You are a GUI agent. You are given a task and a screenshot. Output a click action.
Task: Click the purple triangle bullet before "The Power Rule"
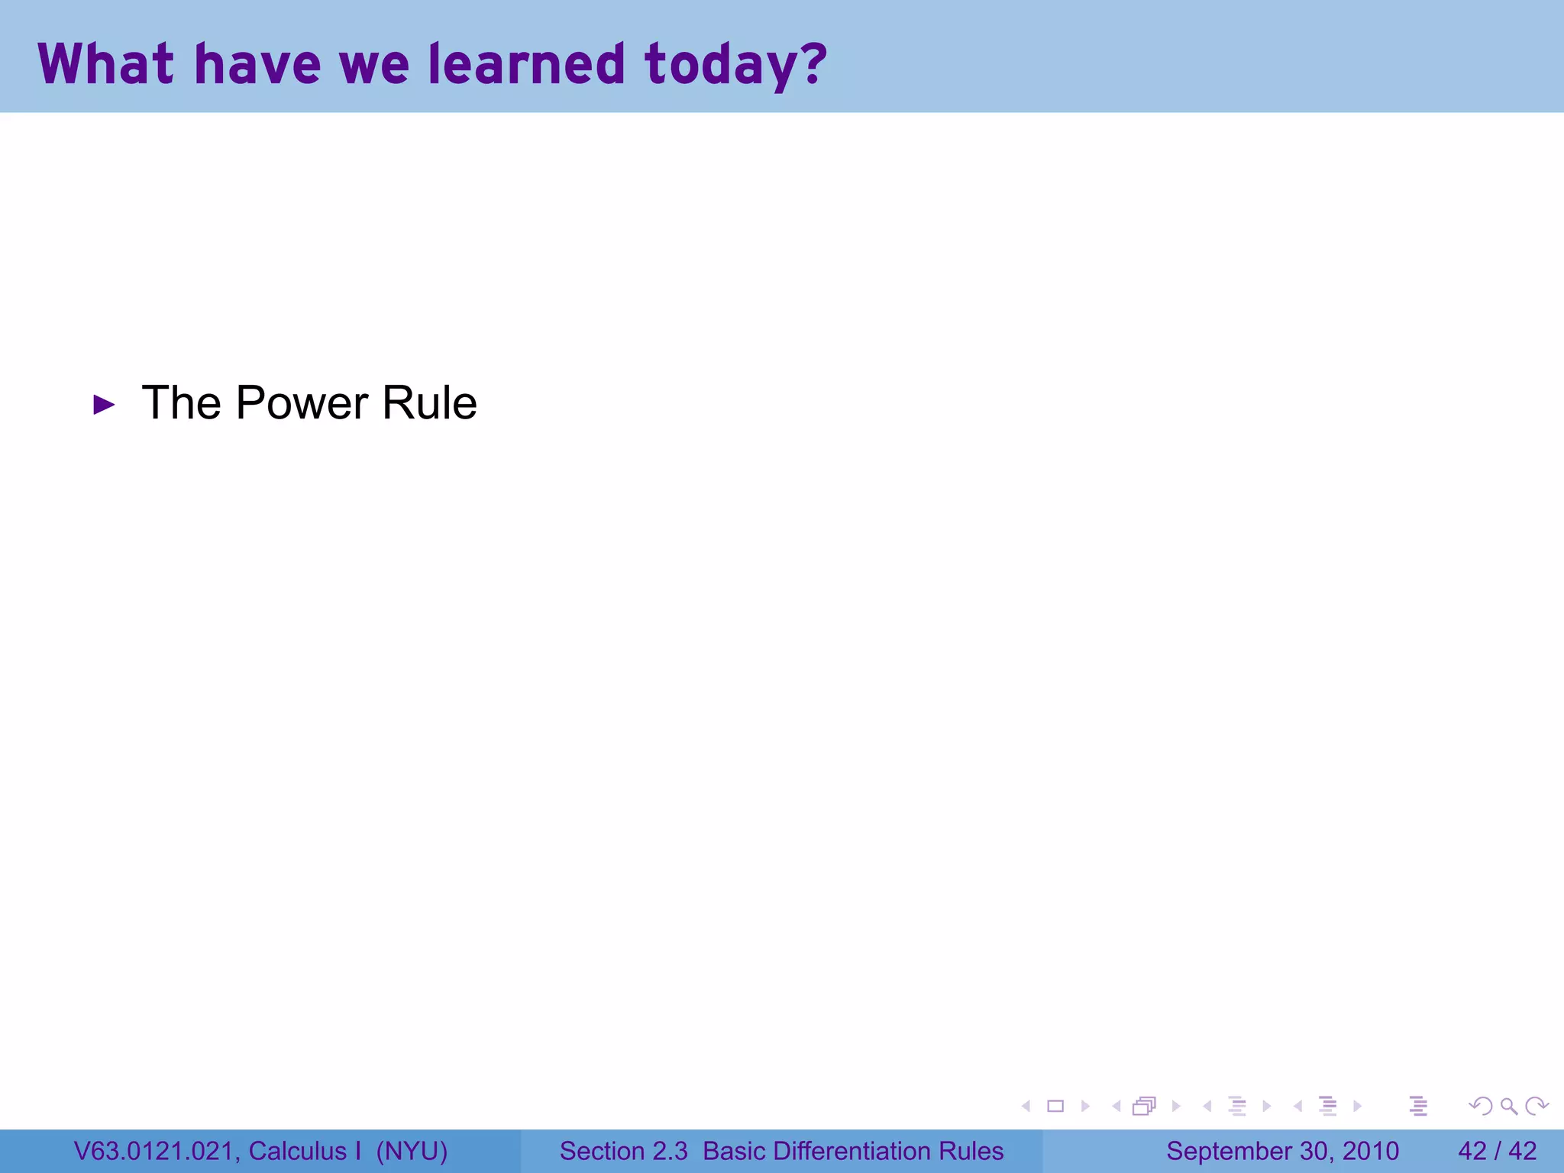(104, 405)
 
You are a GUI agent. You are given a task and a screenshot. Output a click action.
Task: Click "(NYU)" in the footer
(412, 1151)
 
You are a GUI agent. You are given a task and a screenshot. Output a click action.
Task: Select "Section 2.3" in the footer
(623, 1151)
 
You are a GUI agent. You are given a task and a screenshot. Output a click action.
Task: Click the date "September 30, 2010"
(1282, 1151)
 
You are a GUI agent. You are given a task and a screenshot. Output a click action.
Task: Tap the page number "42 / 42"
(1497, 1151)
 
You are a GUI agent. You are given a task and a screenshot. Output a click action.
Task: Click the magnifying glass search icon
(1508, 1106)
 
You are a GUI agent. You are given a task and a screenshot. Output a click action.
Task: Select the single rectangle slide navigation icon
(1055, 1106)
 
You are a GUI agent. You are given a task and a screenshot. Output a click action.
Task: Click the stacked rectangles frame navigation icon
(1144, 1106)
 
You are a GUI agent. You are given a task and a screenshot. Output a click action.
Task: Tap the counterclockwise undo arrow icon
(1480, 1106)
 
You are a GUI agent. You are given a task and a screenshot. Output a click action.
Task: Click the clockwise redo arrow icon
(1536, 1106)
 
